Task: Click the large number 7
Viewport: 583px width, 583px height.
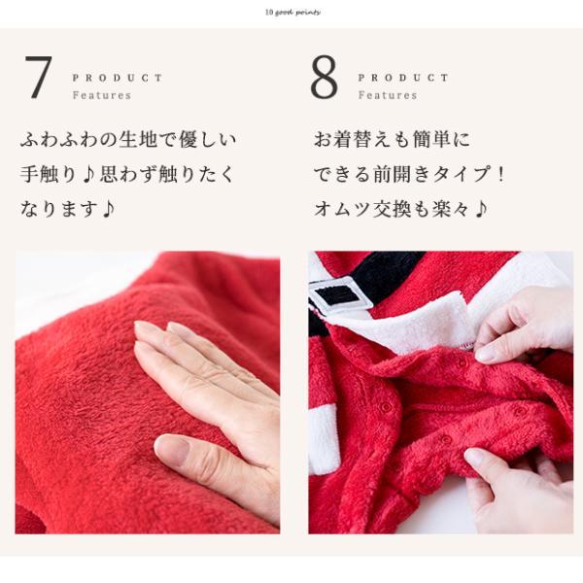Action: coord(39,78)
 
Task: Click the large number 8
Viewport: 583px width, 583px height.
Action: coord(325,78)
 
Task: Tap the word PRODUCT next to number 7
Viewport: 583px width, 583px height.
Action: coord(118,78)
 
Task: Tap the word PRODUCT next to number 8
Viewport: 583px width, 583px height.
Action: coord(403,78)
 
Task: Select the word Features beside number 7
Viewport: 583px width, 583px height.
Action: coord(101,95)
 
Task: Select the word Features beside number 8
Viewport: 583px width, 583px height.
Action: coord(387,95)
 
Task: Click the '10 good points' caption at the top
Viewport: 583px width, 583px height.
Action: coord(291,13)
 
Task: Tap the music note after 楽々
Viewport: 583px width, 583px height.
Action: coord(481,209)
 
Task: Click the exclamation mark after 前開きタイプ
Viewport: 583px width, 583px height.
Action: coord(500,175)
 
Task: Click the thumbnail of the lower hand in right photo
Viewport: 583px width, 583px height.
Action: coord(474,457)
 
